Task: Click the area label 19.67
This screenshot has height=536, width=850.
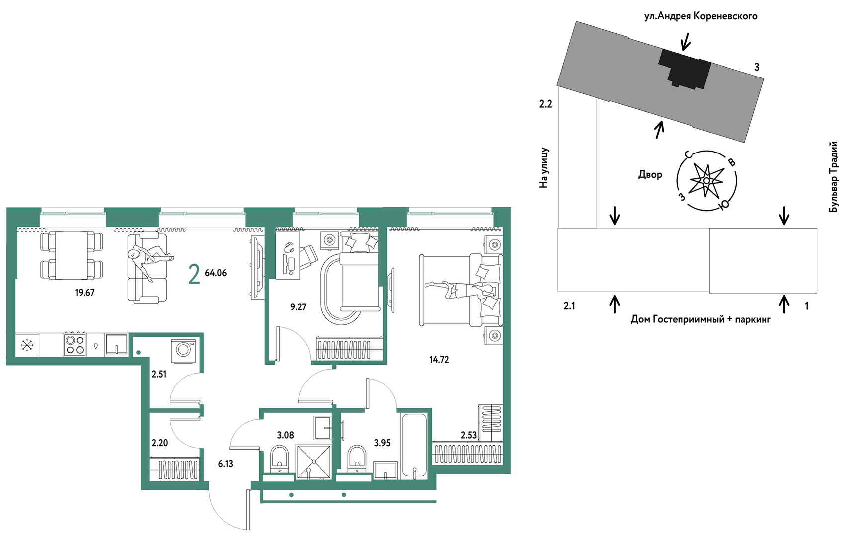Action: (85, 293)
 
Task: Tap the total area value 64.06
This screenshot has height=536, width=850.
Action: (216, 273)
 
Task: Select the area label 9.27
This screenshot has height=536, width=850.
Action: (298, 307)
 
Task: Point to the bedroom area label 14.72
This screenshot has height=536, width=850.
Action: (439, 360)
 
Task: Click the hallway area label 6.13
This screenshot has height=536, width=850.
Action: (225, 464)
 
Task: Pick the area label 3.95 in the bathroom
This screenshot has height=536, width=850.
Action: (382, 443)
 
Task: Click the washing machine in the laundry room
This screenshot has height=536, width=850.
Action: (183, 351)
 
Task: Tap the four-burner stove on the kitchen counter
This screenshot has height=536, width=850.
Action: (75, 344)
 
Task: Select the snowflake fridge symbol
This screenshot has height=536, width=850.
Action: (27, 345)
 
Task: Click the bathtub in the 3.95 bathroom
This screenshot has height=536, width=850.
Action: (414, 446)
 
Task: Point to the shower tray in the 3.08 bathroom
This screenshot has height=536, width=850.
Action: (313, 461)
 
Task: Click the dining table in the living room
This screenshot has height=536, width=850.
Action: (72, 256)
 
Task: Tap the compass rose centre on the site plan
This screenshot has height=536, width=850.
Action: (706, 181)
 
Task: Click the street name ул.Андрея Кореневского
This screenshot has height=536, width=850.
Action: (700, 16)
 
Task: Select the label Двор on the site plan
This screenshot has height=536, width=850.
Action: (650, 174)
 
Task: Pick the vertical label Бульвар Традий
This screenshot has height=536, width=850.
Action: (833, 177)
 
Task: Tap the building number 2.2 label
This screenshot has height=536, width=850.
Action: (546, 104)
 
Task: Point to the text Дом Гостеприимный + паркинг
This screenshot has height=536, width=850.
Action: (700, 320)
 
